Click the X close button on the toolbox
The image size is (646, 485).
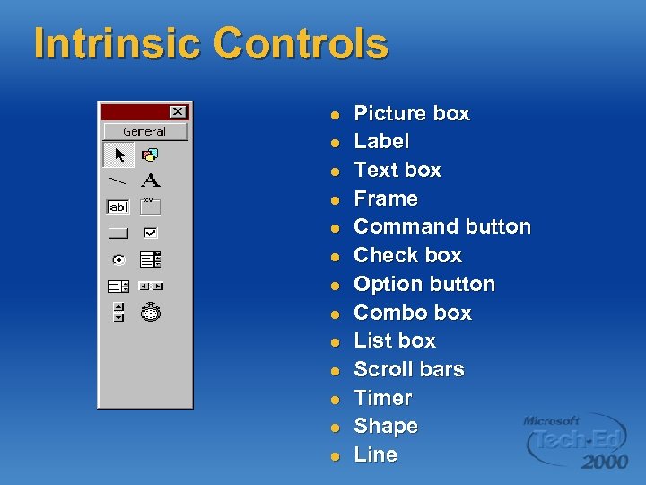tap(178, 111)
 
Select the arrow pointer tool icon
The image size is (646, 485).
tap(118, 155)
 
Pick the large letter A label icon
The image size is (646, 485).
tap(150, 181)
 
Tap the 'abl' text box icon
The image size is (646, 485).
tap(118, 207)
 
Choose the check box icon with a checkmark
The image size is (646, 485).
tap(150, 233)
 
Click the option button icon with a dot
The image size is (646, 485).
tap(118, 260)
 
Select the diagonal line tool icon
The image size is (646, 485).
tap(118, 181)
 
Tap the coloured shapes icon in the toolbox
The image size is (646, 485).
tap(150, 155)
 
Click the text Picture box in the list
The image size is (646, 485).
tap(412, 114)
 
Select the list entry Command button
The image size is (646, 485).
tap(442, 227)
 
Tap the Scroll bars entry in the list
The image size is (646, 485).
tap(409, 370)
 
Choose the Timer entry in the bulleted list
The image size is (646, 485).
tap(383, 398)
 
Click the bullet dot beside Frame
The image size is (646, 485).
tap(334, 199)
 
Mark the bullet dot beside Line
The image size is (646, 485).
tap(334, 455)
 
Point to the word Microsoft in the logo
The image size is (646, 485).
tap(553, 420)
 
